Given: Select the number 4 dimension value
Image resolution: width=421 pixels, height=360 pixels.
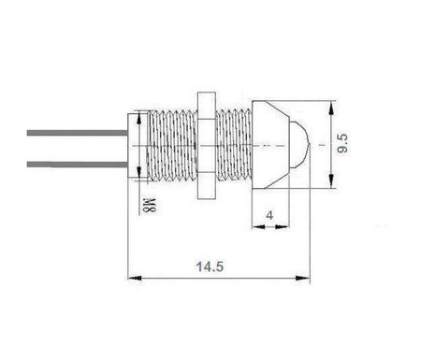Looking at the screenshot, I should click(272, 214).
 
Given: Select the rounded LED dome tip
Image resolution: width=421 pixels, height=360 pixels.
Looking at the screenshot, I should click(298, 146).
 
